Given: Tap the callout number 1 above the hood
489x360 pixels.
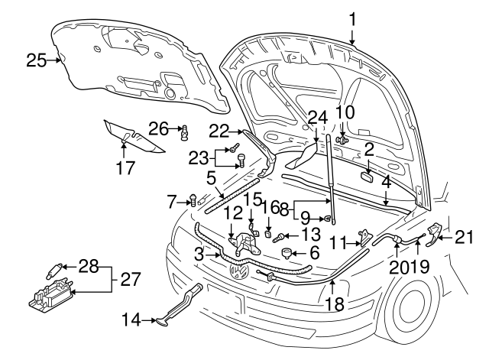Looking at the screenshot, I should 353,18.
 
